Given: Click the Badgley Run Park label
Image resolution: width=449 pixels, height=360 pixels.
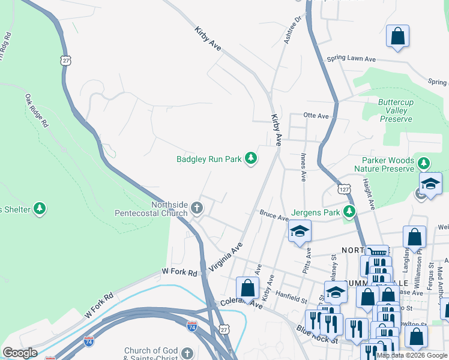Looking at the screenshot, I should point(208,160).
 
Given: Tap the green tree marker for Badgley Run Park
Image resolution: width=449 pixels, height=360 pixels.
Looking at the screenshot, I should point(251,159).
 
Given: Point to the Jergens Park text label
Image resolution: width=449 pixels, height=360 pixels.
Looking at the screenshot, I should point(315,212).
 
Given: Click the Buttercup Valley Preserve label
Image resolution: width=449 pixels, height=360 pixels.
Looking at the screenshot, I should point(396,111).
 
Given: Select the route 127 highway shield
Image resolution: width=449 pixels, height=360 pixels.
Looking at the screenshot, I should point(343,189).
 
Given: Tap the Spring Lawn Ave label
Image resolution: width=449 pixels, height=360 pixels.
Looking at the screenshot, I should point(351,59).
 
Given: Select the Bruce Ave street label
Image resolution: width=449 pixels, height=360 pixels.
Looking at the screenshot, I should point(274,215).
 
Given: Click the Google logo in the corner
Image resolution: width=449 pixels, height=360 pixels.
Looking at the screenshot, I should point(20,353).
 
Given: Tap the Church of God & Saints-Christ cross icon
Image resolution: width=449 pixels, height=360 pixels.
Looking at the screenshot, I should point(187,353).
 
